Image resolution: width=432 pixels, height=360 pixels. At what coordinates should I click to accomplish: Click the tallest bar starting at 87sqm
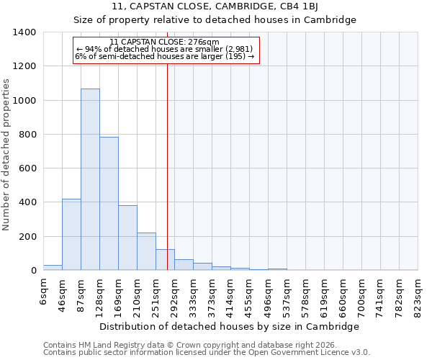(90, 180)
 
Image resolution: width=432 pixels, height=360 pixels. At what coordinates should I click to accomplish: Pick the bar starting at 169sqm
(127, 238)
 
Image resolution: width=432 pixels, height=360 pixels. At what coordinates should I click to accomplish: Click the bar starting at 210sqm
(146, 251)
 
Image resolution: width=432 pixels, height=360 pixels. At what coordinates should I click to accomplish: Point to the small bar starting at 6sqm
(53, 267)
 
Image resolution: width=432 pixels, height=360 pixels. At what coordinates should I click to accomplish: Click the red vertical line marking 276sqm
(167, 166)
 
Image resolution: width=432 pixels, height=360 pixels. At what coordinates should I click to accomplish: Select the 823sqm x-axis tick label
(418, 294)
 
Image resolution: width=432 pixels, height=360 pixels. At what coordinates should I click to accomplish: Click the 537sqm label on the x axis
(287, 294)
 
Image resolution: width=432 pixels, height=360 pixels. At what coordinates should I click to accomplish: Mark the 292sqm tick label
(174, 294)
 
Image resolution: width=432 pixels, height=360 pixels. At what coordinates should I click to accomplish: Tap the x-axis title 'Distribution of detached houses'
(229, 326)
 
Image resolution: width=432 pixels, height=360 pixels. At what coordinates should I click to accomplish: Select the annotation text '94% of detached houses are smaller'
(164, 49)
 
